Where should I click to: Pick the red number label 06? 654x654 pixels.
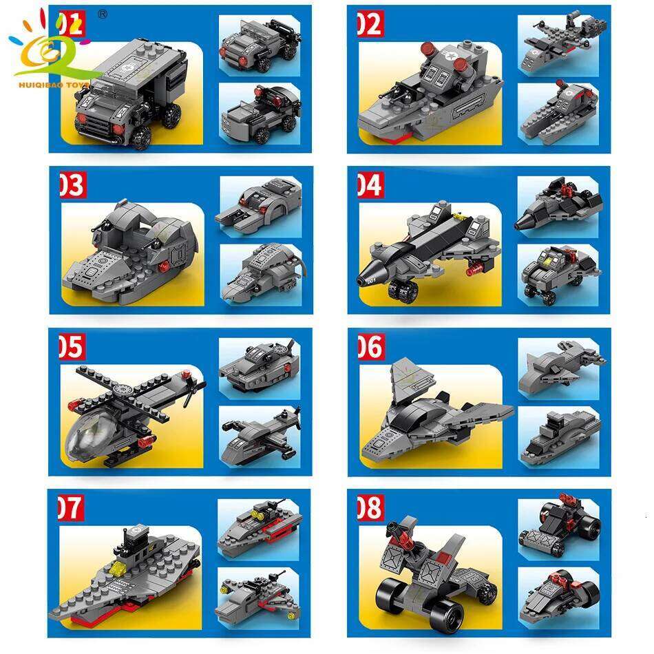click(x=370, y=346)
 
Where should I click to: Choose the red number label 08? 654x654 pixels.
click(x=369, y=508)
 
